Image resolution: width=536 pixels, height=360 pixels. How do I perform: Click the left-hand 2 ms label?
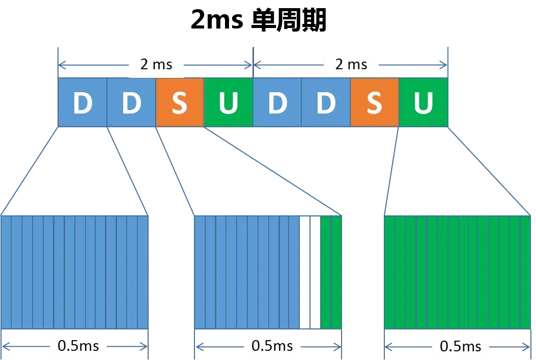pyautogui.click(x=157, y=64)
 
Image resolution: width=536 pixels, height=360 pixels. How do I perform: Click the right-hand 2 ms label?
pyautogui.click(x=351, y=64)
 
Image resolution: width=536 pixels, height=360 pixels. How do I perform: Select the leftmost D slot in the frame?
pyautogui.click(x=82, y=102)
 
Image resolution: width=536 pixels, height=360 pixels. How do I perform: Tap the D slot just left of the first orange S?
pyautogui.click(x=131, y=102)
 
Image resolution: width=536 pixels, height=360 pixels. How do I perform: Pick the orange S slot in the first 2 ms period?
pyautogui.click(x=180, y=102)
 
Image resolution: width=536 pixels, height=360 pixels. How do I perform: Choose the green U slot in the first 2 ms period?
pyautogui.click(x=229, y=102)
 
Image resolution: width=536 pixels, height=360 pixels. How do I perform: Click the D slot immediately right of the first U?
pyautogui.click(x=277, y=102)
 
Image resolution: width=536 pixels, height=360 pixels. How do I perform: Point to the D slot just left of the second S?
pyautogui.click(x=326, y=102)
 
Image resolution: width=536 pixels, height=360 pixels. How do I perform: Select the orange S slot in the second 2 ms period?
pyautogui.click(x=375, y=102)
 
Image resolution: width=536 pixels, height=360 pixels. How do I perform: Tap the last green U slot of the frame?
pyautogui.click(x=423, y=102)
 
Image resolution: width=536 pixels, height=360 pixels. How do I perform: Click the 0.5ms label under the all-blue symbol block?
pyautogui.click(x=78, y=346)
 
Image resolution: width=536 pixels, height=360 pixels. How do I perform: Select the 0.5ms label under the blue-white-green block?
pyautogui.click(x=272, y=346)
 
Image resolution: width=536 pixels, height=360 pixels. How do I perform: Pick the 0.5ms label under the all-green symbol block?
pyautogui.click(x=460, y=346)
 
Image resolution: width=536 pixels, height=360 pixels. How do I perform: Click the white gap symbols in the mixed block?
pyautogui.click(x=310, y=272)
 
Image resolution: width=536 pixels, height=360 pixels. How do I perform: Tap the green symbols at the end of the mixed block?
pyautogui.click(x=331, y=272)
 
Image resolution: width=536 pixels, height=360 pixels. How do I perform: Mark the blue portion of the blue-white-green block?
pyautogui.click(x=247, y=272)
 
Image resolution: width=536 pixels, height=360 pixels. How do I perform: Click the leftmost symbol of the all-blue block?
pyautogui.click(x=7, y=272)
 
